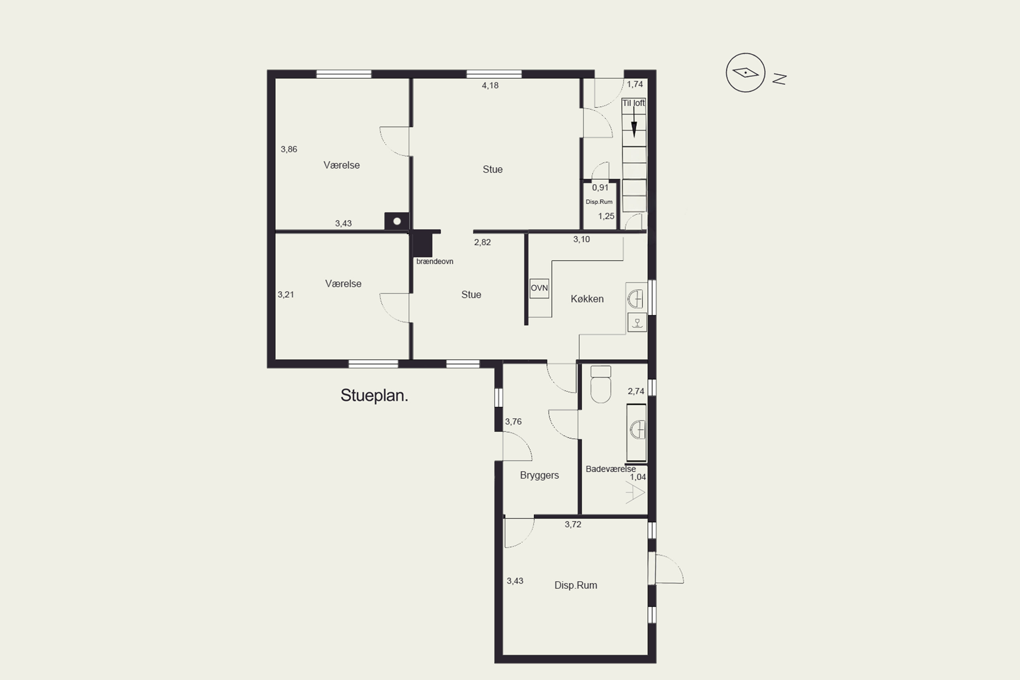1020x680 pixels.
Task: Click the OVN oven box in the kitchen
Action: pos(539,288)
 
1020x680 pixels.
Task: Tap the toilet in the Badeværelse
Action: pos(601,384)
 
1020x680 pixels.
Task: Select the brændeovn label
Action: pos(435,261)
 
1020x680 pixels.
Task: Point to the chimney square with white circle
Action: pos(397,221)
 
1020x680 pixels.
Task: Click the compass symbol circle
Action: pos(746,72)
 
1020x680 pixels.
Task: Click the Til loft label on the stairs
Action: pos(634,103)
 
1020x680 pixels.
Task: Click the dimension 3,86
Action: pos(289,150)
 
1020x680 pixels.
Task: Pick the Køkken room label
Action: pos(587,299)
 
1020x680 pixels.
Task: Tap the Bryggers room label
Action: pos(540,475)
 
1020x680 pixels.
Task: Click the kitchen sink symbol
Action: pos(636,299)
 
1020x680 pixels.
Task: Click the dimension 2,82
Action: pos(482,242)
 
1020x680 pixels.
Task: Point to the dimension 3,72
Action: pos(573,525)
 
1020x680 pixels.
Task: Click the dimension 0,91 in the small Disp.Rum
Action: pos(600,188)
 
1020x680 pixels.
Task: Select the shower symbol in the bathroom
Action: pos(635,494)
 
